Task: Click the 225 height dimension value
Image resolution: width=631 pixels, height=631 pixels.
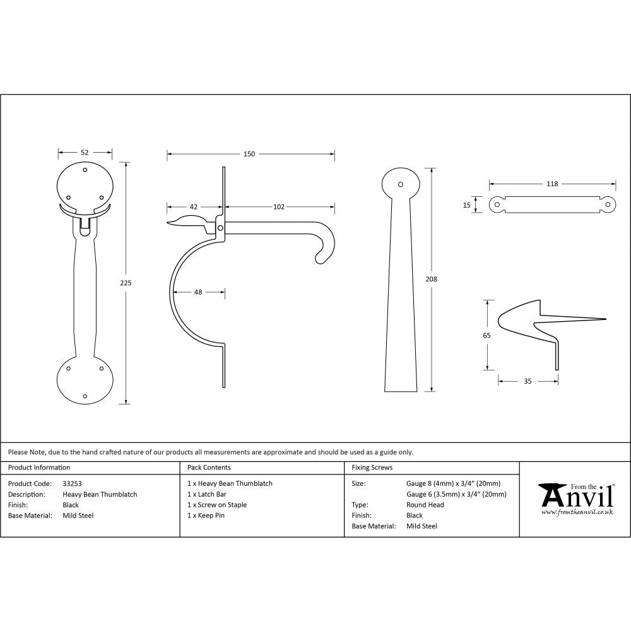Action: click(x=126, y=283)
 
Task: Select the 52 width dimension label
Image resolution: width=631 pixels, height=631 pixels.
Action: click(x=85, y=152)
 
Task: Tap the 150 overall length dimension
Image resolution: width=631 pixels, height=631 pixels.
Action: click(x=249, y=154)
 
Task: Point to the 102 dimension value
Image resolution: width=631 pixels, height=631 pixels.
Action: click(x=279, y=206)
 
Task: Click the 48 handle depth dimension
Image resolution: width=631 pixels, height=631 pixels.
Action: click(x=198, y=292)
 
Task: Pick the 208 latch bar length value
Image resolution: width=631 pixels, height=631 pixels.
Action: click(x=431, y=279)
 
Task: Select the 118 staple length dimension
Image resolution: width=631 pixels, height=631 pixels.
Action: click(x=552, y=184)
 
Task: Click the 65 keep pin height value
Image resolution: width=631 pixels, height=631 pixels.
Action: click(x=487, y=336)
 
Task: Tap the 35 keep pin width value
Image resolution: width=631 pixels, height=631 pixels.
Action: click(x=528, y=381)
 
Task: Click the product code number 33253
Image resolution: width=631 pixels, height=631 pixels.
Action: click(x=73, y=483)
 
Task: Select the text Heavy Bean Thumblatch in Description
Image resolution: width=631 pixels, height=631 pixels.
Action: click(x=100, y=494)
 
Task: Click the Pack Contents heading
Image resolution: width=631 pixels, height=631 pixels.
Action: click(x=209, y=468)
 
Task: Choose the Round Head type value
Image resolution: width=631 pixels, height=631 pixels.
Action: click(x=425, y=505)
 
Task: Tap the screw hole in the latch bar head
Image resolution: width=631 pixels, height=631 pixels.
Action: click(x=400, y=184)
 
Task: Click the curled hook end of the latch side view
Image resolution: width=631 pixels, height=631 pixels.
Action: click(x=322, y=252)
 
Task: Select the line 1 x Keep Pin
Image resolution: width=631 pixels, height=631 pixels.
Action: click(x=206, y=516)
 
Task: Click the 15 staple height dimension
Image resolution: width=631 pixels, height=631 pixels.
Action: click(x=468, y=204)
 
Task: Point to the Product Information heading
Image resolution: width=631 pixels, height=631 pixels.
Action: click(x=39, y=468)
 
